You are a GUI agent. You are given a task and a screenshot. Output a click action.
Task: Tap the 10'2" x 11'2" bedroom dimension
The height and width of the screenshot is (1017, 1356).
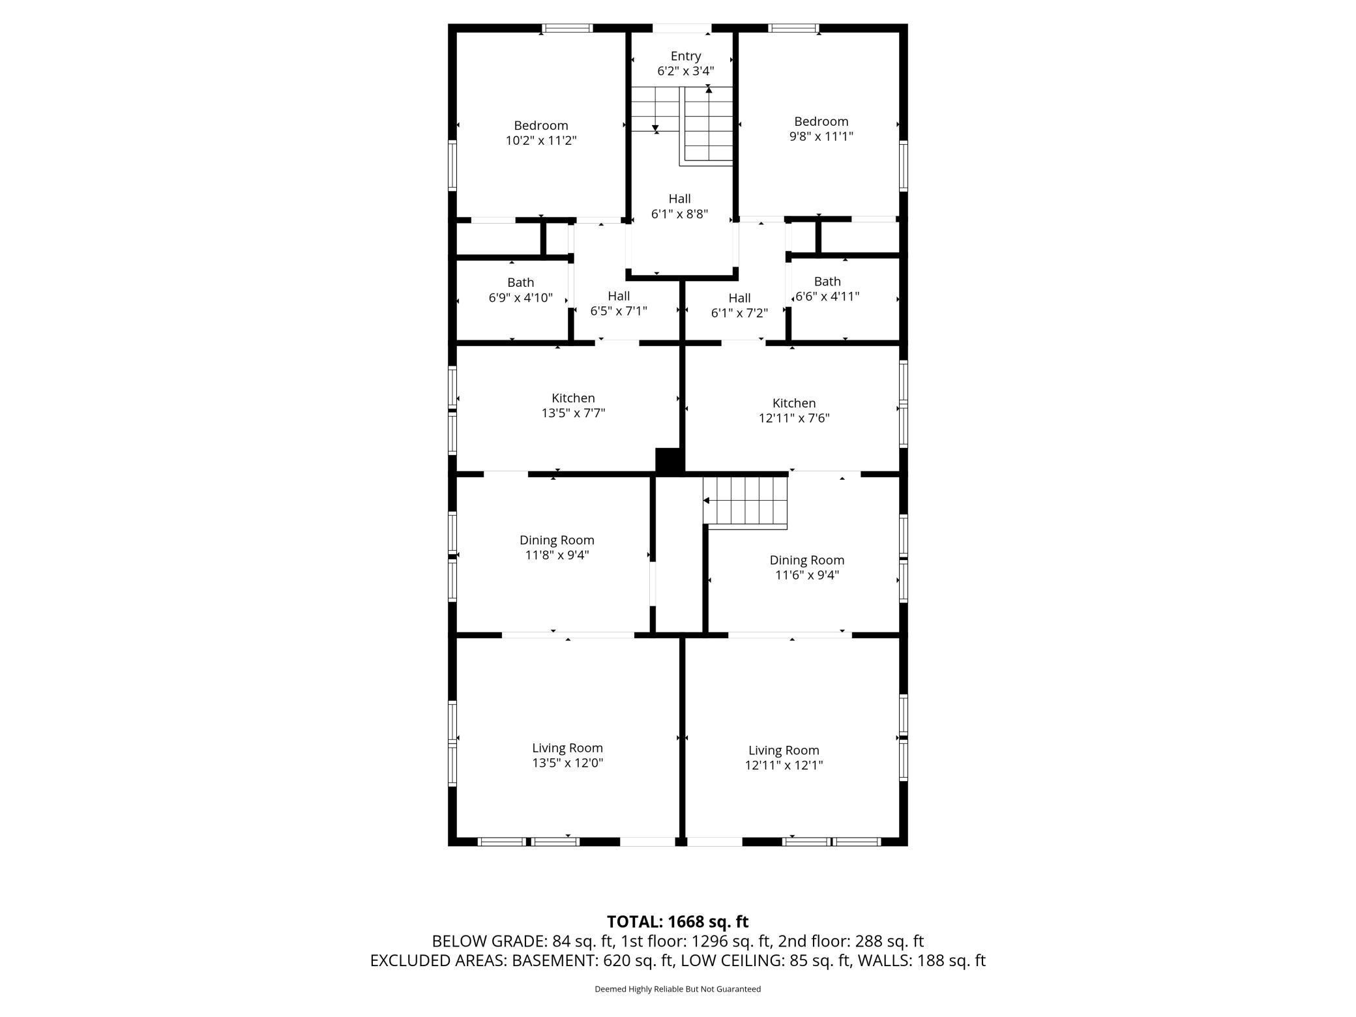[541, 140]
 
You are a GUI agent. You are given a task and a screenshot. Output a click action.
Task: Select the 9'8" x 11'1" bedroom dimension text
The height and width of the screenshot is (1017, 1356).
[821, 136]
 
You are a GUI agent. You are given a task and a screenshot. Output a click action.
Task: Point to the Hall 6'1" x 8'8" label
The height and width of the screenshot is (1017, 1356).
[679, 206]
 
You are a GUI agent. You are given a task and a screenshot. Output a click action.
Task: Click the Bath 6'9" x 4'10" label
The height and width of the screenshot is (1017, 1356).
[520, 290]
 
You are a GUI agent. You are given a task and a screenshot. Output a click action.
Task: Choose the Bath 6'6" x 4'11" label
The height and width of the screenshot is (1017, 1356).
[827, 289]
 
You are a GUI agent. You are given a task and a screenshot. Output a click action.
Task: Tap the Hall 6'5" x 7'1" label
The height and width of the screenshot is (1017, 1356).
[619, 304]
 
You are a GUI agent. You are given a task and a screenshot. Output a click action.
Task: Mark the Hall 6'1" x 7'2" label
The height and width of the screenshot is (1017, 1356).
[739, 305]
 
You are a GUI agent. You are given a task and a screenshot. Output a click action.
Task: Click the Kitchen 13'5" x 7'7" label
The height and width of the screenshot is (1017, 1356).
[573, 405]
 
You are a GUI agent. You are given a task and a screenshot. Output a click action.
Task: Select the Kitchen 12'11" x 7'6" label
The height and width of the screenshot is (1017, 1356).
[794, 411]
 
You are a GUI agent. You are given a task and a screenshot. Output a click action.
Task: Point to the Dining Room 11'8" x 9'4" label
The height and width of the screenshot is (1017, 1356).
[557, 548]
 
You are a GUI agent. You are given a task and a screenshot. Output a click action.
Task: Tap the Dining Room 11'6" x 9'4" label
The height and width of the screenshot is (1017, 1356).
[807, 567]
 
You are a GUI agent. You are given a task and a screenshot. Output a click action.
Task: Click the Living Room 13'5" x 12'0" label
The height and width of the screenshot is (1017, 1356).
[567, 756]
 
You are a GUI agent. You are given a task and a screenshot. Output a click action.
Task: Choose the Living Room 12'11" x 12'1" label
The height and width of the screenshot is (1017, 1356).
[784, 758]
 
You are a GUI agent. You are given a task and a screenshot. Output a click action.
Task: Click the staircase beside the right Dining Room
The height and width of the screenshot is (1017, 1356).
[745, 501]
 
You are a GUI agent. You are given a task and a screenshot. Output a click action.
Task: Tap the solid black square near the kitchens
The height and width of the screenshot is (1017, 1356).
[668, 461]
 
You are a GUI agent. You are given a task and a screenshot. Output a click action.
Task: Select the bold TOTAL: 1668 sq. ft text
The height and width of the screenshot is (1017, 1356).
[677, 922]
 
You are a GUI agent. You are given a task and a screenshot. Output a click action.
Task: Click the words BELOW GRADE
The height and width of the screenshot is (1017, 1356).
[489, 941]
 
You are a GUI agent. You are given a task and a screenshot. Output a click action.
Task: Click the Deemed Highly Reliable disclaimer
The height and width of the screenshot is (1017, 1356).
[677, 989]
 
